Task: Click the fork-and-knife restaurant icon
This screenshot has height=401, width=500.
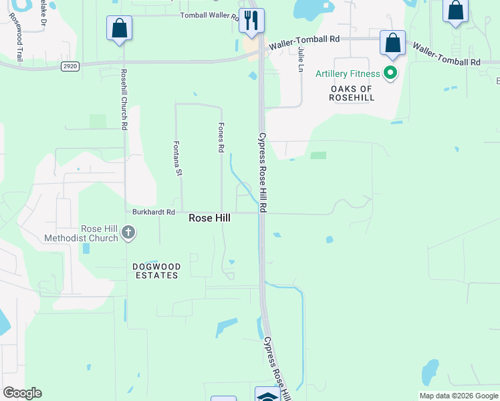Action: click(x=251, y=21)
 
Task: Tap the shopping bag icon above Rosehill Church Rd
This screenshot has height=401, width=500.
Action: click(x=119, y=28)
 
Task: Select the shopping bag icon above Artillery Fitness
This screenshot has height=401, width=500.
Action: click(x=393, y=43)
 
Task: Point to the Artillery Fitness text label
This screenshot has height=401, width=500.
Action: click(x=348, y=74)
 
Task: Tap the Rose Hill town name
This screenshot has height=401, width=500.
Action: click(x=209, y=218)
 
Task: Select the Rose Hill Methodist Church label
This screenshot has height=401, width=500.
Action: click(x=81, y=233)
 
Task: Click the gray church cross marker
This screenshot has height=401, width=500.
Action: click(x=128, y=233)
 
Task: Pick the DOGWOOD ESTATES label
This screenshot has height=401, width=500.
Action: click(x=156, y=271)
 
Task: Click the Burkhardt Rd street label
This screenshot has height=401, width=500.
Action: click(x=153, y=212)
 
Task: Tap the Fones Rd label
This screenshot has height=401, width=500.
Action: click(x=220, y=137)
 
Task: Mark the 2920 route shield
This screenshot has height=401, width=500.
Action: click(x=69, y=66)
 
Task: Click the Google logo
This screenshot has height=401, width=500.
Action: click(x=22, y=393)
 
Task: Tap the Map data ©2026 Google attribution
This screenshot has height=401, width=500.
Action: click(x=459, y=396)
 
